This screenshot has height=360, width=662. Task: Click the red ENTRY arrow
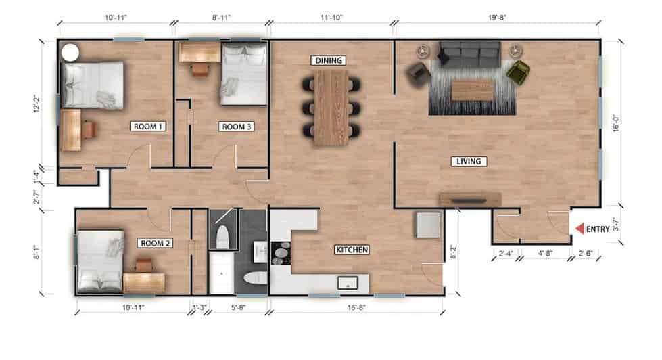pos(579,229)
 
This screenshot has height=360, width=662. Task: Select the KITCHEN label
pos(352,250)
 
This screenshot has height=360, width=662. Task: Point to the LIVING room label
pos(468,161)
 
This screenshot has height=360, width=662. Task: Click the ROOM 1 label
pos(148,126)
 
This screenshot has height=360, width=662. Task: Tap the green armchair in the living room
pos(518,72)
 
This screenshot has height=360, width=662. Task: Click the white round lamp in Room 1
pos(69,52)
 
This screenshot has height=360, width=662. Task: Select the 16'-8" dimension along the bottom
pos(357,308)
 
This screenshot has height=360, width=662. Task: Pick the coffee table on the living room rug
pos(471,90)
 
